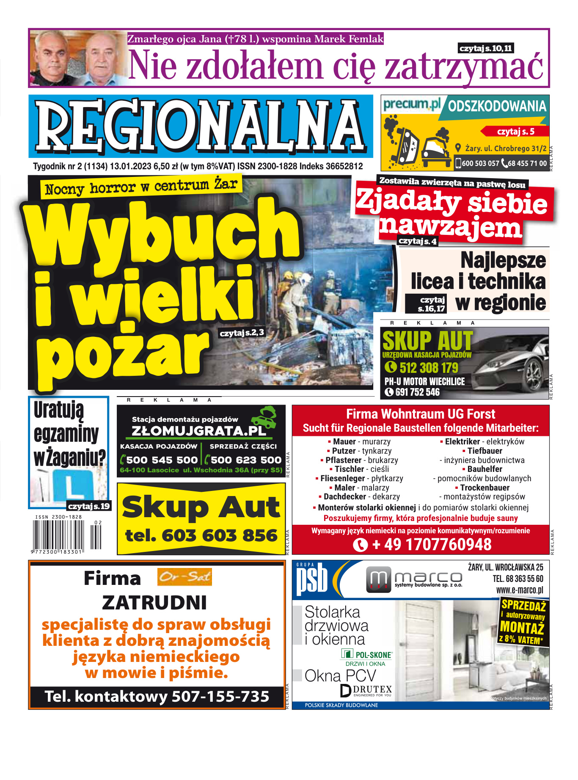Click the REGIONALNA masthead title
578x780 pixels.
[x=201, y=126]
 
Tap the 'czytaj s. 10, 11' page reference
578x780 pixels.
[x=486, y=48]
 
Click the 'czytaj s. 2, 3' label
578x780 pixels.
[x=242, y=333]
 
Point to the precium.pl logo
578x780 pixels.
[x=411, y=104]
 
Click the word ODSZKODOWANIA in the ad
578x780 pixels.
[x=497, y=106]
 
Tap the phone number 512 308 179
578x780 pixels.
[x=429, y=367]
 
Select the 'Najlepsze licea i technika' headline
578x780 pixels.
[x=478, y=271]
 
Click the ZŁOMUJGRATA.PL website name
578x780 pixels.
[x=199, y=431]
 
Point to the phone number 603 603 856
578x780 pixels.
[x=201, y=536]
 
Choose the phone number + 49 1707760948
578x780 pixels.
[x=432, y=545]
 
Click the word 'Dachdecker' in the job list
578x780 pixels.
[x=345, y=496]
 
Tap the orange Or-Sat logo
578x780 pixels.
[x=184, y=577]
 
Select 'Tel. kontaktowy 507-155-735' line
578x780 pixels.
[x=157, y=697]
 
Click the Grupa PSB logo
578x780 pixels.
[x=312, y=579]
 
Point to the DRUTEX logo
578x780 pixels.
[x=366, y=690]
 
